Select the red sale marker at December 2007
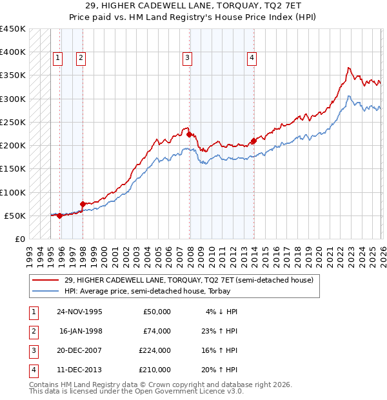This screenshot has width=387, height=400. coord(189,134)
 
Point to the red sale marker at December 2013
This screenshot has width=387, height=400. coord(253,141)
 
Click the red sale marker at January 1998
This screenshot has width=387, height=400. coord(83,204)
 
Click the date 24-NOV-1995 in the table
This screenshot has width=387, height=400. coord(79,311)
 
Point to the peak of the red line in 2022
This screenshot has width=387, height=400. coord(348,67)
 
